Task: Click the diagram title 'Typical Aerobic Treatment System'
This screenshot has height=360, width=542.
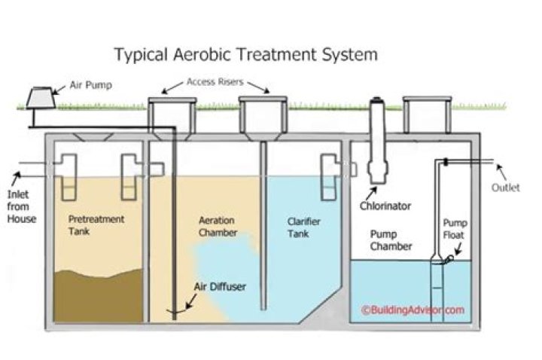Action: [x=245, y=55]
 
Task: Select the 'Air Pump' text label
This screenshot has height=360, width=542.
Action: [x=91, y=85]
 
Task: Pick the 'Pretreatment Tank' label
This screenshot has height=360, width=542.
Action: [x=97, y=226]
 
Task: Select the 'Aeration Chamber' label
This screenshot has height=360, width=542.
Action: [x=216, y=227]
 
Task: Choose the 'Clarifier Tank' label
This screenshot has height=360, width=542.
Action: [x=306, y=227]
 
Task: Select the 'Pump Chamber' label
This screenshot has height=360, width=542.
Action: [x=391, y=239]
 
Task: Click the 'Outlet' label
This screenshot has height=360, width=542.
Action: [x=506, y=188]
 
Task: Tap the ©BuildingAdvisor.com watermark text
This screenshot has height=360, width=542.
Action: [x=411, y=309]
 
